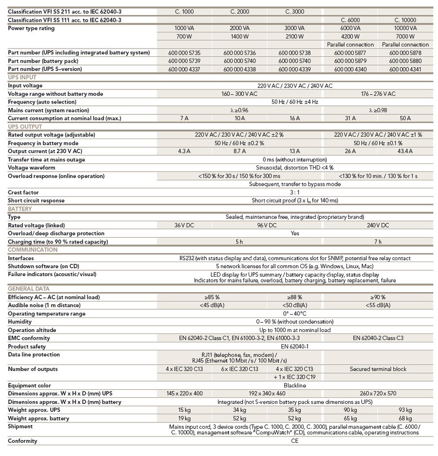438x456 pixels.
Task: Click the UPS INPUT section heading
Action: click(x=23, y=77)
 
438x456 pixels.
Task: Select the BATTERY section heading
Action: click(x=20, y=209)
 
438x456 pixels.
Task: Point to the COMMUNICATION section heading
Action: click(x=33, y=249)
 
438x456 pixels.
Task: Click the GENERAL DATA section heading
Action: click(x=28, y=289)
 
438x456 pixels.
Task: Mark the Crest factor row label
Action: click(x=23, y=193)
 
